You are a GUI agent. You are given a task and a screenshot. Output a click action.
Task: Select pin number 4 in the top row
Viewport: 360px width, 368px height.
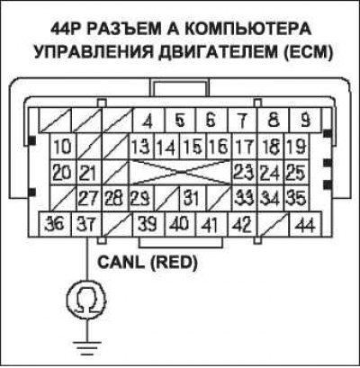(x=148, y=121)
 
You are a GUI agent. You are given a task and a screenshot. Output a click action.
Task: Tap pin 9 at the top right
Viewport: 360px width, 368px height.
(x=305, y=121)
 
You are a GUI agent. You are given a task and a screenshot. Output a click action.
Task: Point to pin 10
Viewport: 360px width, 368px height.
(x=63, y=147)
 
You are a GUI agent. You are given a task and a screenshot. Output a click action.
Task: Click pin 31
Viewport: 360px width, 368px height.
(x=193, y=198)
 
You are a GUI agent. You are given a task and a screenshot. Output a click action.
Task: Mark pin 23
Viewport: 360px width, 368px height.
(x=244, y=173)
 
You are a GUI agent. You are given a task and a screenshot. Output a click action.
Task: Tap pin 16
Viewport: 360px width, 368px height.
(x=219, y=147)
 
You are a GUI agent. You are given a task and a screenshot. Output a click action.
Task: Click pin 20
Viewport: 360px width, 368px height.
(x=63, y=173)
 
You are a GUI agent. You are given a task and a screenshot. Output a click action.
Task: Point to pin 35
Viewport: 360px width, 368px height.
(x=296, y=198)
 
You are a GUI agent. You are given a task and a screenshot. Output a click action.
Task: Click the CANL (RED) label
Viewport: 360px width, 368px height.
(x=148, y=263)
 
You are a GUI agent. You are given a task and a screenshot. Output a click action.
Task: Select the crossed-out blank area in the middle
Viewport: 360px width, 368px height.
(x=180, y=173)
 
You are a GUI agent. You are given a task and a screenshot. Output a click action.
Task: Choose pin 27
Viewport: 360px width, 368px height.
(x=89, y=198)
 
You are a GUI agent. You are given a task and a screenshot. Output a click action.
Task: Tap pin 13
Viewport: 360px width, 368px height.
(x=141, y=147)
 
